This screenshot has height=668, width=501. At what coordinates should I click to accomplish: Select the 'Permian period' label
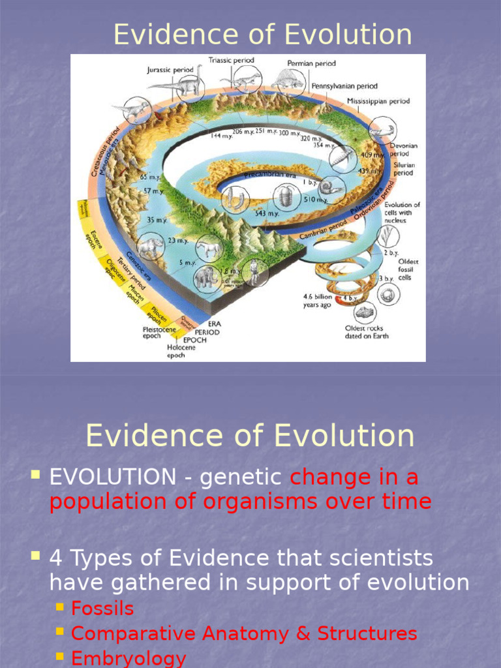click(x=312, y=64)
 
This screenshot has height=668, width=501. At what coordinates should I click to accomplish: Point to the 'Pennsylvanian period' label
click(x=344, y=85)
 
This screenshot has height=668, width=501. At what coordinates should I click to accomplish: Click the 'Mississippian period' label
click(x=378, y=101)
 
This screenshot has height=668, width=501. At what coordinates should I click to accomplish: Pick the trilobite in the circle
click(x=285, y=195)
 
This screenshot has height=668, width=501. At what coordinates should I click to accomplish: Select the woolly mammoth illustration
click(x=206, y=277)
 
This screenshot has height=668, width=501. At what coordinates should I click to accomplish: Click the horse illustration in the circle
click(x=209, y=249)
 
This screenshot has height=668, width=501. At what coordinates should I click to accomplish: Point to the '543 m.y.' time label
click(x=267, y=213)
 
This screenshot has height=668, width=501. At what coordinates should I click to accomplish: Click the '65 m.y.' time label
click(x=149, y=177)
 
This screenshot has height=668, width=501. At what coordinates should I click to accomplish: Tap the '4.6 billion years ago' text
click(x=318, y=300)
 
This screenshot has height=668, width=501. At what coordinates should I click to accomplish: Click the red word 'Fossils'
click(x=102, y=609)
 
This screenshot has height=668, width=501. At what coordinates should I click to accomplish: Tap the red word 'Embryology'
click(x=129, y=658)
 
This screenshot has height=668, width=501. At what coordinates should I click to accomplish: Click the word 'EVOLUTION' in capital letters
click(x=113, y=477)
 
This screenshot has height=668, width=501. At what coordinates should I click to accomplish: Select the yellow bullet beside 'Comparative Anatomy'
click(x=60, y=632)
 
